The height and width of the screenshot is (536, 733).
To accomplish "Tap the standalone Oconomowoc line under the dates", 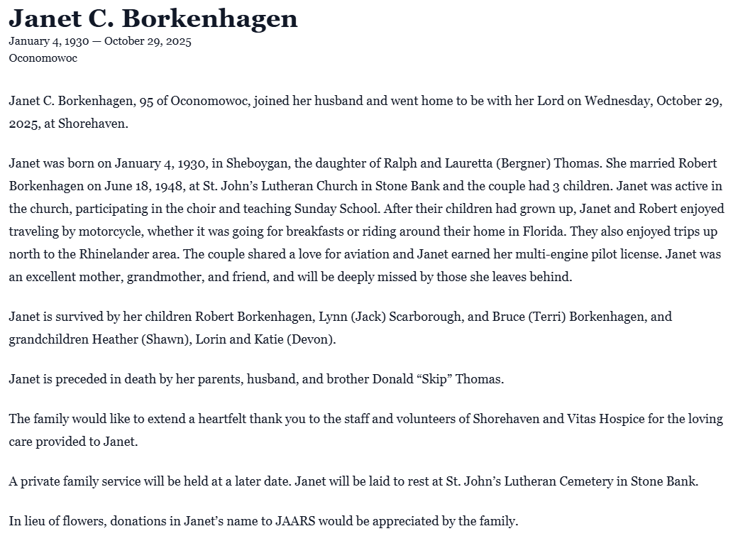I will [x=43, y=58].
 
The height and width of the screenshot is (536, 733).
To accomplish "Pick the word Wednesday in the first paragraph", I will [x=609, y=101].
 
